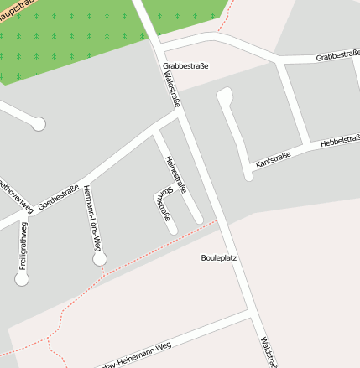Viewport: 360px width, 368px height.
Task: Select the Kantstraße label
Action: click(x=273, y=159)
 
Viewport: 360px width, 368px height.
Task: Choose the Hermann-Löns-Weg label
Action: click(x=92, y=219)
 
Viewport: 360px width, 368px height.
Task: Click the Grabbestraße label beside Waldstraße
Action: click(x=185, y=65)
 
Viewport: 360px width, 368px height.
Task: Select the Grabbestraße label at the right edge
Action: click(x=337, y=56)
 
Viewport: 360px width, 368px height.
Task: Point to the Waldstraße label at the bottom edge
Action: click(x=268, y=352)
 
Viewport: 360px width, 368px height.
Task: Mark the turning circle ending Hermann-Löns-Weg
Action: click(x=100, y=259)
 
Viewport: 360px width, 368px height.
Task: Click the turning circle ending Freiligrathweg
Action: click(x=22, y=279)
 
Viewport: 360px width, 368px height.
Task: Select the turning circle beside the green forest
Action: click(x=38, y=124)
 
